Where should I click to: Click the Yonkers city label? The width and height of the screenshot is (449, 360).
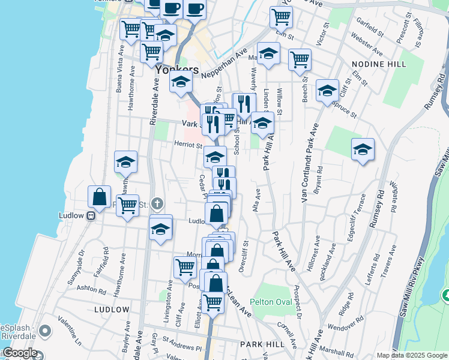(x=176, y=70)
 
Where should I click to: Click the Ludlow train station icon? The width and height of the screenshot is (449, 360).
(x=91, y=216)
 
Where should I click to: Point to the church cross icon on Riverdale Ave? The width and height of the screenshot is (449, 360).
(x=157, y=204)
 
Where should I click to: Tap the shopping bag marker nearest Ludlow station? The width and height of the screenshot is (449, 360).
(x=99, y=197)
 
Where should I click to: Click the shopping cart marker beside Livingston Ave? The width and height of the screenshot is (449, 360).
(x=185, y=267)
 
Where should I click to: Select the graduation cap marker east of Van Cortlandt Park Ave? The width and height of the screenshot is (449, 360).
(x=363, y=149)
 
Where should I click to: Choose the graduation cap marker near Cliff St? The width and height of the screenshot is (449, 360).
(x=327, y=91)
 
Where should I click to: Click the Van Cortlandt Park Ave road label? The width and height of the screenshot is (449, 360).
(x=309, y=166)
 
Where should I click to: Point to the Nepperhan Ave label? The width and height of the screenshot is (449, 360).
(x=225, y=64)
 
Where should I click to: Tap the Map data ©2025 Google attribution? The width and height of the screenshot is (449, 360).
(x=411, y=355)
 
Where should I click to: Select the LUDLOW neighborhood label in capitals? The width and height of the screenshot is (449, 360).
(x=112, y=310)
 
